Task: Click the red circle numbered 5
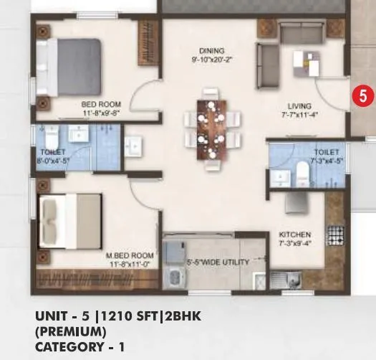click(363, 95)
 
